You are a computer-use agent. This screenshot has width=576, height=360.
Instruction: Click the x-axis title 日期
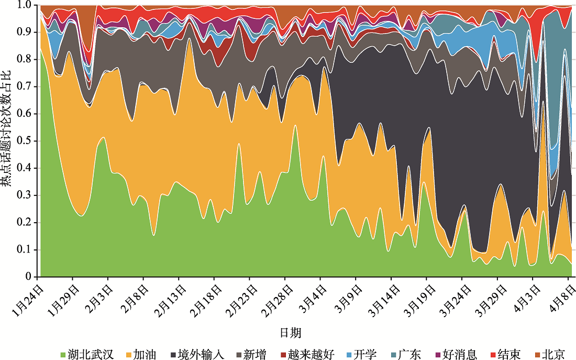coord(291,333)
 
